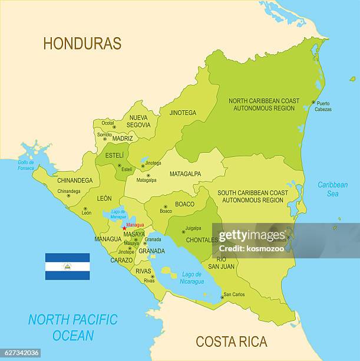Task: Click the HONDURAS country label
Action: point(82,43)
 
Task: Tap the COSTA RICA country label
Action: point(231,342)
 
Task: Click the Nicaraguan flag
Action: point(68,267)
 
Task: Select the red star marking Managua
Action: point(124,228)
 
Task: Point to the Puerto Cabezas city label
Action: point(323,106)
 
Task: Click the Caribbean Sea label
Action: point(332,189)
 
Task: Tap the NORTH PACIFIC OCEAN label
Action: point(73,327)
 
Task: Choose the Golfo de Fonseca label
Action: point(26,165)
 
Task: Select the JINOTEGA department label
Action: point(183,113)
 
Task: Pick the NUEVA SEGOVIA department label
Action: point(138,121)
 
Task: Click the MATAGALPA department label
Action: point(185,174)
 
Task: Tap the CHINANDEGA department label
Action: point(75,180)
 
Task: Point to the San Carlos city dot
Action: point(222,297)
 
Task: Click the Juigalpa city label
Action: point(193,228)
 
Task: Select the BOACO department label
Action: point(184,204)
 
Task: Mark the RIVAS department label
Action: point(143,271)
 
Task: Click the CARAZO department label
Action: point(121,260)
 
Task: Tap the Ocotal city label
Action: point(108,123)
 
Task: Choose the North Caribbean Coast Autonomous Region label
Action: point(265,104)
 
